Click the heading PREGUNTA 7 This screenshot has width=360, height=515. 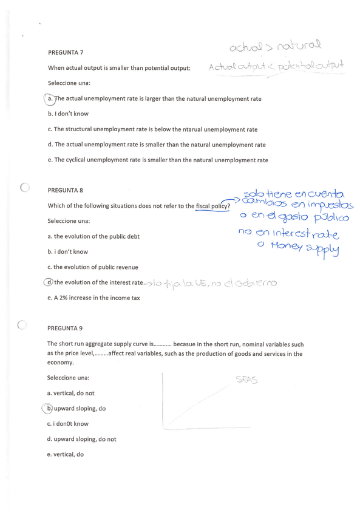click(x=66, y=52)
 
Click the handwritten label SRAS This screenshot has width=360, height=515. click(x=246, y=381)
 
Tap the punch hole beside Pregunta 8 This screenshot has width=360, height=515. click(x=24, y=188)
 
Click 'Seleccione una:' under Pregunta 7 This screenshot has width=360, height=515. click(x=69, y=83)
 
